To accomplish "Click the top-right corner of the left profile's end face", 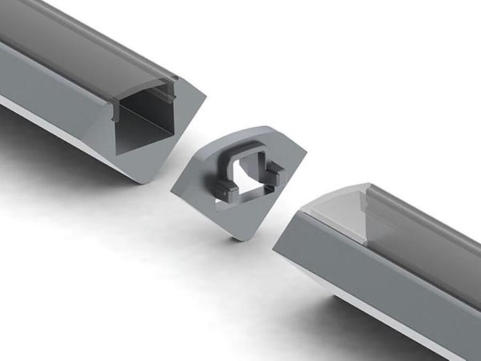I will pos(204,97).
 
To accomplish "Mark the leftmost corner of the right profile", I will pos(274,249).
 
